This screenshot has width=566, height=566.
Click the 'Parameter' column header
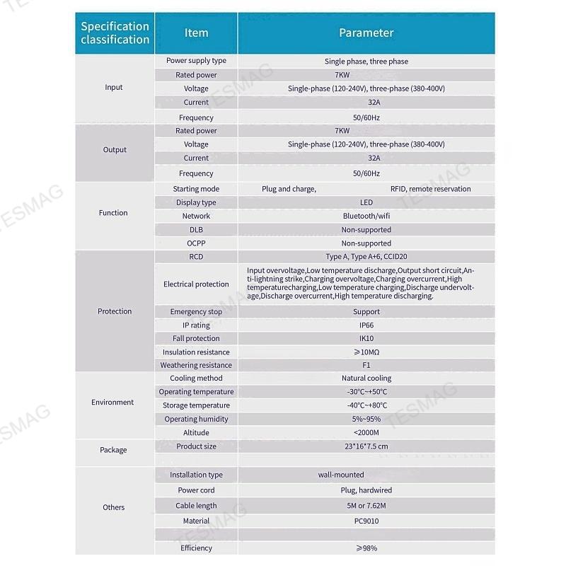point(366,33)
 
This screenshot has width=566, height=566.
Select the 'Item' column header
point(196,33)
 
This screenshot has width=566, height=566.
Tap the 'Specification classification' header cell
point(115,33)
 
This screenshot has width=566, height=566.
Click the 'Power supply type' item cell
point(196,61)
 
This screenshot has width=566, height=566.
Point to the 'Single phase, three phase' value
point(366,62)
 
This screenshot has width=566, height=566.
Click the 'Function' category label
point(113,212)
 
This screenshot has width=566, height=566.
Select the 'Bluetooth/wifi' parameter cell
point(366,216)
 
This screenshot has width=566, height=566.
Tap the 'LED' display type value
point(366,202)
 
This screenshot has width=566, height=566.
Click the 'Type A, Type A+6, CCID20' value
point(366,257)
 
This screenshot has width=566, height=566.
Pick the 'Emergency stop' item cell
point(196,311)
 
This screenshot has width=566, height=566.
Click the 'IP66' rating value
point(366,325)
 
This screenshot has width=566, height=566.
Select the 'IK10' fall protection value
point(366,338)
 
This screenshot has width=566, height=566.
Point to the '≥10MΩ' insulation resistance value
point(366,352)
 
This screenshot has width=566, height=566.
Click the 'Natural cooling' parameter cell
point(366,379)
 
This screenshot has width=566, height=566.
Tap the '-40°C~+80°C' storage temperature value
point(366,405)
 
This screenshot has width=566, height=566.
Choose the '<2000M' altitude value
point(366,432)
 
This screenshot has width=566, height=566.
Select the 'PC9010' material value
point(366,521)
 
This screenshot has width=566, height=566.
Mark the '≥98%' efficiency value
point(366,548)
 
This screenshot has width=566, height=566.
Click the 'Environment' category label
point(112,402)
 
